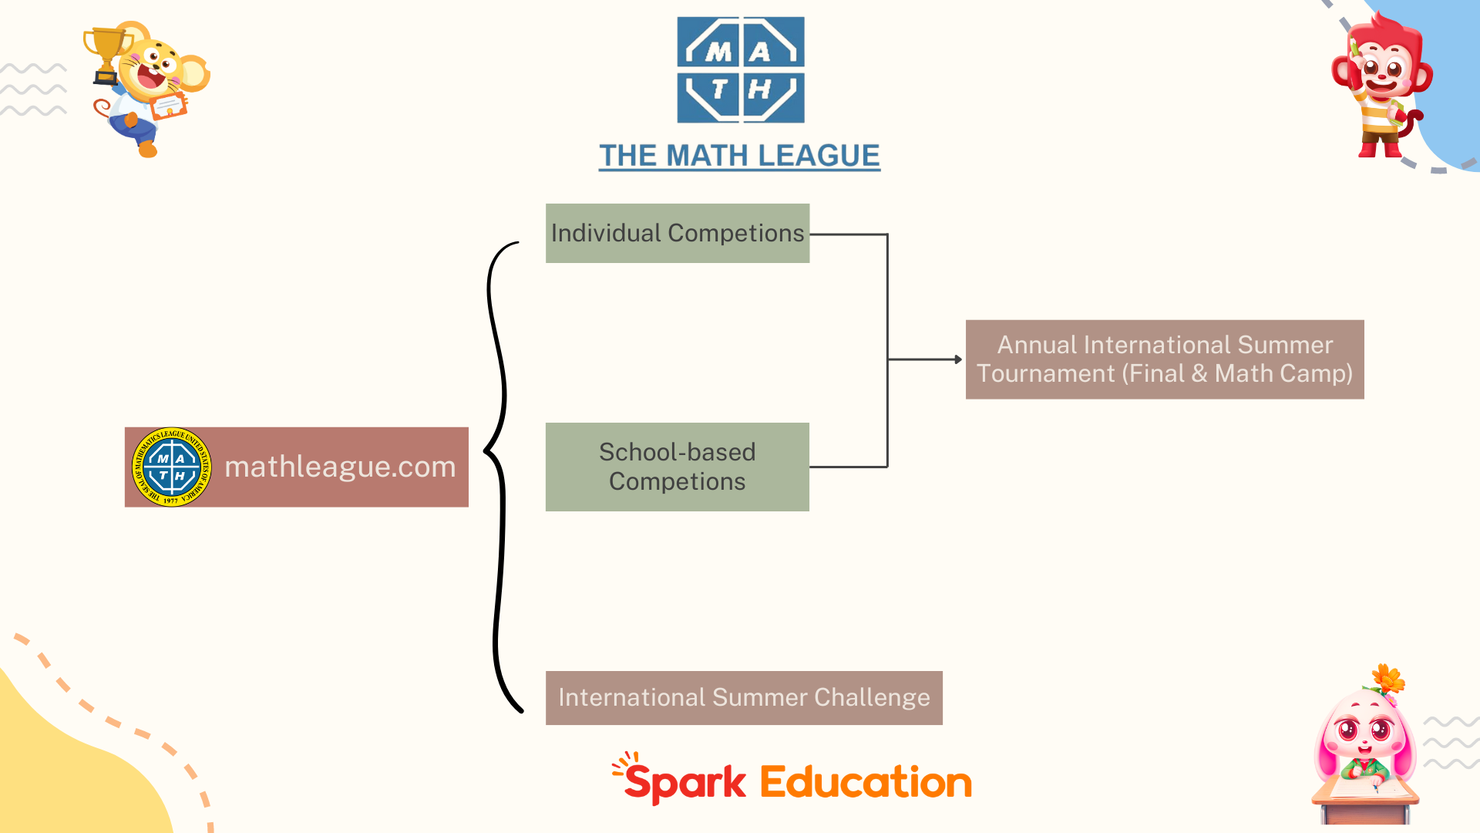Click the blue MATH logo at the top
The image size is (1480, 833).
pyautogui.click(x=740, y=70)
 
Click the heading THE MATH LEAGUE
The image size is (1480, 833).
pyautogui.click(x=739, y=156)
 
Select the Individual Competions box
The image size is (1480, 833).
pyautogui.click(x=677, y=233)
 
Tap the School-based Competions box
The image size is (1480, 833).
pyautogui.click(x=677, y=467)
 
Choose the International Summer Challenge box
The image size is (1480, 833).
pyautogui.click(x=743, y=697)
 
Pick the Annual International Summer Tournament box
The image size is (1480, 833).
pyautogui.click(x=1164, y=359)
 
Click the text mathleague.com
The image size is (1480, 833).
pyautogui.click(x=340, y=467)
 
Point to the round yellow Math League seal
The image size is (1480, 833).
pyautogui.click(x=171, y=467)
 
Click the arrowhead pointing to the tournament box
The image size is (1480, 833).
pyautogui.click(x=958, y=359)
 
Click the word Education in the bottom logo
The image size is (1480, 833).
pyautogui.click(x=865, y=782)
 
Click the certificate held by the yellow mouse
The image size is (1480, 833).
pyautogui.click(x=169, y=106)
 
